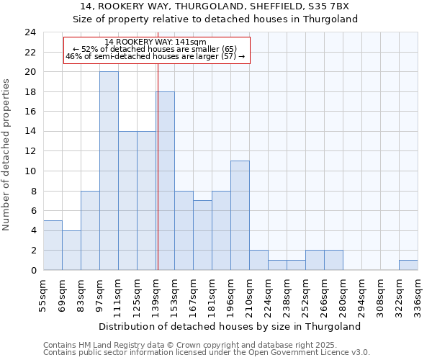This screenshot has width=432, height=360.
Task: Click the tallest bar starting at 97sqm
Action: (109, 171)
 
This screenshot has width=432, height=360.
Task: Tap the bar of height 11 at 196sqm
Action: (240, 215)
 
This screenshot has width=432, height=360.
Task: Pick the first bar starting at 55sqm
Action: (53, 245)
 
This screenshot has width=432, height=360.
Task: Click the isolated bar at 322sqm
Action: (408, 265)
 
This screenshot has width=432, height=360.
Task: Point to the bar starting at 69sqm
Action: (71, 250)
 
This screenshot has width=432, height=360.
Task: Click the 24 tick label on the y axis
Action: (30, 32)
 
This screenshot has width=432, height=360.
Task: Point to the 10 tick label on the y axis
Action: (30, 171)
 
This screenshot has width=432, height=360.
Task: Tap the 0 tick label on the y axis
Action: (32, 270)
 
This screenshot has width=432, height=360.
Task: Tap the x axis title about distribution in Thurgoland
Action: (230, 326)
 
